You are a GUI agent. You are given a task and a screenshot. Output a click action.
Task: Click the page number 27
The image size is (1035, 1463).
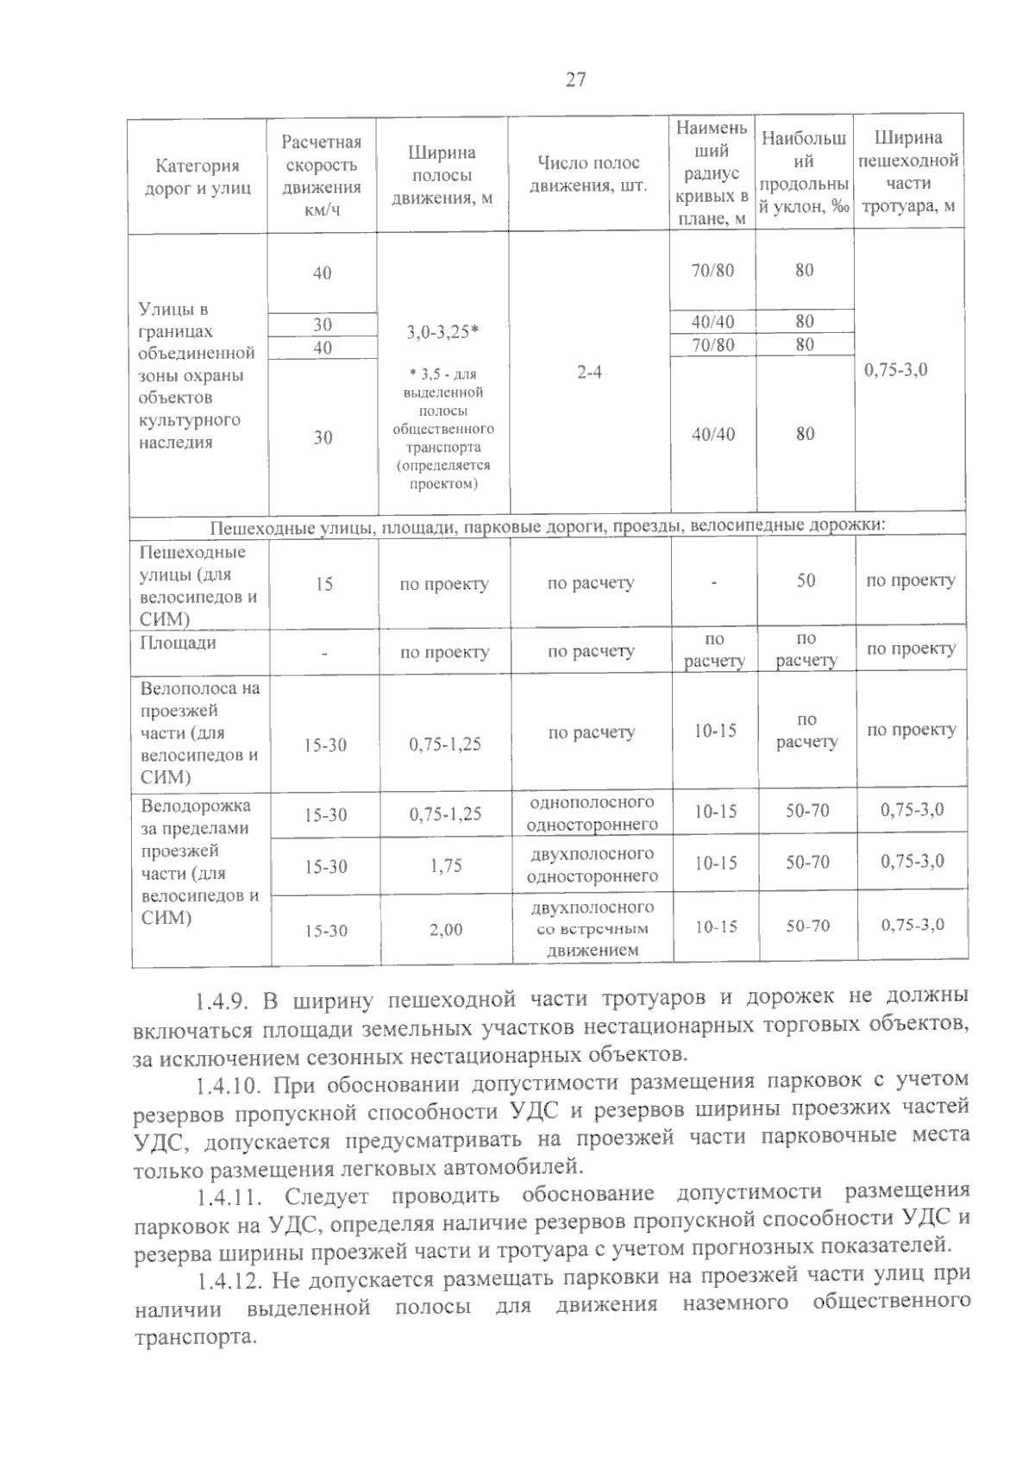[x=575, y=80]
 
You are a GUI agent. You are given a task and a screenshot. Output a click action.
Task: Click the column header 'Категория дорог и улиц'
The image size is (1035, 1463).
[x=197, y=177]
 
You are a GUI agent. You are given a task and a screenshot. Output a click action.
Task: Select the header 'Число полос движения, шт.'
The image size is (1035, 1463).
[x=588, y=174]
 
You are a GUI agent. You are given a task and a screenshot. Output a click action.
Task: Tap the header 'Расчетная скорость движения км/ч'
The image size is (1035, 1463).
[x=322, y=175]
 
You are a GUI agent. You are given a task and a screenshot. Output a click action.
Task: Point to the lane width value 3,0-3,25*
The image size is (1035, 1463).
[x=443, y=331]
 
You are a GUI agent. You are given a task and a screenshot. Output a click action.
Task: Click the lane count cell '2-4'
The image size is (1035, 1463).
[x=590, y=373]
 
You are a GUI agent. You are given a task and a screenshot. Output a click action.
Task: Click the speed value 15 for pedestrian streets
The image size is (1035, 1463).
[x=323, y=585]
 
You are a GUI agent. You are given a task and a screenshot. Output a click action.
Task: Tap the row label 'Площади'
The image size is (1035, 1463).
[x=178, y=644]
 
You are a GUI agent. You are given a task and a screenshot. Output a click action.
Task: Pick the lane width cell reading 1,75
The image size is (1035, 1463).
[x=446, y=865]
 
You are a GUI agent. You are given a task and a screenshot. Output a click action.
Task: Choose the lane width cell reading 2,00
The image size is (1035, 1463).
[x=446, y=930]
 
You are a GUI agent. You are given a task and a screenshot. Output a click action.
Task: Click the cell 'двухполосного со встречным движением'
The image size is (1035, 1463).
[x=592, y=929]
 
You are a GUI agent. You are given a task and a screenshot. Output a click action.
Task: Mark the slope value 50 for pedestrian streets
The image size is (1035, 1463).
[x=806, y=581]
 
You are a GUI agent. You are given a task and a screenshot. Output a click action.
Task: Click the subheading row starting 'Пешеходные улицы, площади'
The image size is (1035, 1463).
[x=548, y=525]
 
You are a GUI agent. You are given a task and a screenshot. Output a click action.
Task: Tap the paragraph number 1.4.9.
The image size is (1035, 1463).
[x=222, y=1001]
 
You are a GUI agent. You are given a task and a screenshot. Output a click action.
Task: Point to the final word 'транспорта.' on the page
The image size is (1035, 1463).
[x=196, y=1339]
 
